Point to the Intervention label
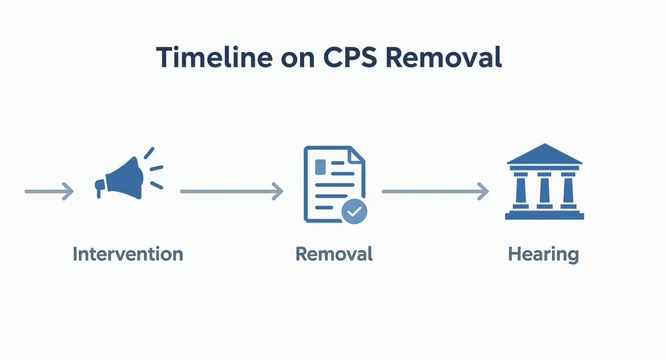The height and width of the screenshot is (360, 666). [x=128, y=254]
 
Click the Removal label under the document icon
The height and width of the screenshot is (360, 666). [x=334, y=254]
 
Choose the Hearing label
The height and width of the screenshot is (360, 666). [x=544, y=254]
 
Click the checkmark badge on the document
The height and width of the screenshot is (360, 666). [x=354, y=211]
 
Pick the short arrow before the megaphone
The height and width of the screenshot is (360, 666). [x=49, y=192]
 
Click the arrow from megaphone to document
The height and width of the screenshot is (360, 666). [x=232, y=191]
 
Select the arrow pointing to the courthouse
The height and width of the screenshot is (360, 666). [x=435, y=191]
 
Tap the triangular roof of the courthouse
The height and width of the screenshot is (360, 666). [x=544, y=154]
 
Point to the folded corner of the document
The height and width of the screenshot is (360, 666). [x=356, y=155]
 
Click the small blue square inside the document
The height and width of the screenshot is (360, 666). [x=320, y=167]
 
